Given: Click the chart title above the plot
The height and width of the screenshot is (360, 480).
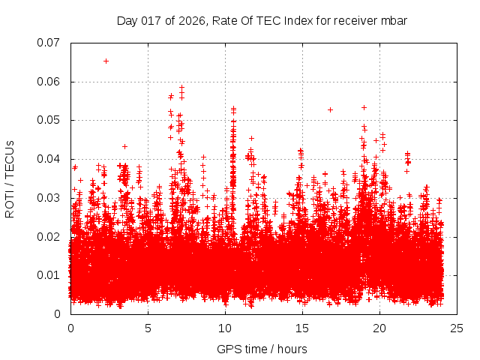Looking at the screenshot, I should [x=262, y=21].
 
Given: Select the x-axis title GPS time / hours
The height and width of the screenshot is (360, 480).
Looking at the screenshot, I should [x=262, y=349].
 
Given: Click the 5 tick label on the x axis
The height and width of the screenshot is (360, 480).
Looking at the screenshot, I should [x=148, y=328].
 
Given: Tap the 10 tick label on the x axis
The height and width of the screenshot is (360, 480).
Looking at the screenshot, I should [x=225, y=328].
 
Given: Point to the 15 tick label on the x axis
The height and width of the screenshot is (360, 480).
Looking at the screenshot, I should [x=302, y=328].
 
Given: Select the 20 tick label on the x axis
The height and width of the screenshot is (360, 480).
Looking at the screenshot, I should [x=379, y=328].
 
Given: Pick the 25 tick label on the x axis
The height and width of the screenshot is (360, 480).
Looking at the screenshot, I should [x=457, y=328].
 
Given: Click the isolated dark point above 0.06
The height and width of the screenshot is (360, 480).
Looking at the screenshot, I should [x=106, y=61].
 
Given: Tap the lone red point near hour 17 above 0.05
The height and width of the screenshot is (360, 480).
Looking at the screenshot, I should [x=330, y=109].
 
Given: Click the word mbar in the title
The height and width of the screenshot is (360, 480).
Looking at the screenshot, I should [x=393, y=21].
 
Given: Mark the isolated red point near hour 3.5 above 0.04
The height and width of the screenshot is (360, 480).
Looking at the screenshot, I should [x=124, y=146].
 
